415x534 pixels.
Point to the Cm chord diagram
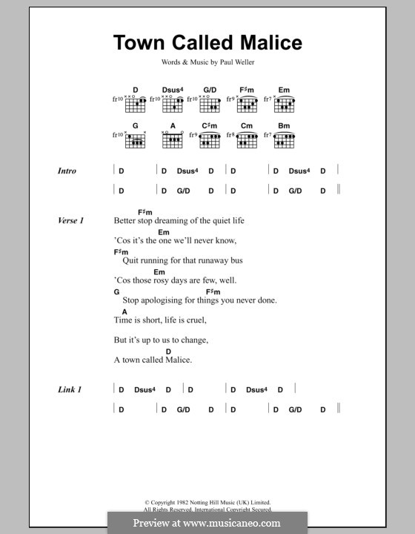(248, 140)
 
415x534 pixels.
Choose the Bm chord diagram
(284, 140)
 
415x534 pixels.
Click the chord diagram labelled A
(173, 140)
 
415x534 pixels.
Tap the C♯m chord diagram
(211, 140)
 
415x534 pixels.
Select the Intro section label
(67, 171)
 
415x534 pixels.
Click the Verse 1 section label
(71, 221)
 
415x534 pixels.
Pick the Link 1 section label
(69, 389)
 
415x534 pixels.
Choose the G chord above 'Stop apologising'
(117, 292)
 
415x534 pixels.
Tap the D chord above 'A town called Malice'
(168, 351)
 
